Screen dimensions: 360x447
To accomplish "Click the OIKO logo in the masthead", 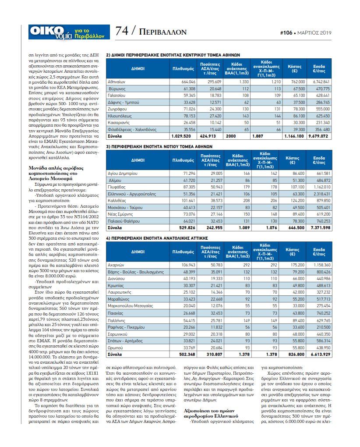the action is pos(47,31).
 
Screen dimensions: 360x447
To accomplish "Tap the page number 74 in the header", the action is pos(122,31).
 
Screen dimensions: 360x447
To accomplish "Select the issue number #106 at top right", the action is pos(286,33).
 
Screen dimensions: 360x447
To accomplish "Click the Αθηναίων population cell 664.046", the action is pos(188,82).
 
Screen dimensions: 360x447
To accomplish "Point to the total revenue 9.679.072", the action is pos(318,136).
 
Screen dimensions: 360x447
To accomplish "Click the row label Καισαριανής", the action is pos(119,123).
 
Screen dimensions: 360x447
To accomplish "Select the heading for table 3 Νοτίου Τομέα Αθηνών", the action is pos(159,146).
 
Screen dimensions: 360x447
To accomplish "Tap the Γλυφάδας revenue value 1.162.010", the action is pos(322,187).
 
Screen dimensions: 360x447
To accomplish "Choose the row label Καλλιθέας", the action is pos(117,201).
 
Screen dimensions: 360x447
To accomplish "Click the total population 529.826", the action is pos(187,228).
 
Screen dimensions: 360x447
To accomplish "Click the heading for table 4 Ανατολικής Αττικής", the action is pos(157,238).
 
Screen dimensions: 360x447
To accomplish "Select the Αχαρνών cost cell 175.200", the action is pos(297,265).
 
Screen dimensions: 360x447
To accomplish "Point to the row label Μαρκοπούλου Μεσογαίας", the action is pos(131,306).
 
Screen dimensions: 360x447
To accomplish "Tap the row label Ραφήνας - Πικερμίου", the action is pos(126,327).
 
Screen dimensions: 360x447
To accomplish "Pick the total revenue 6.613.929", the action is pos(321,355).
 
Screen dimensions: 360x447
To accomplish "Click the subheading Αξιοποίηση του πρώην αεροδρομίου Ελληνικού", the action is pos(211,413).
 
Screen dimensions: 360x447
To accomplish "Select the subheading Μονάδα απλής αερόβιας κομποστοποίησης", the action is pos(56,174).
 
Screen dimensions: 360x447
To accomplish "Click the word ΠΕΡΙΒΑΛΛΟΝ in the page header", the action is pos(162,32).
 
